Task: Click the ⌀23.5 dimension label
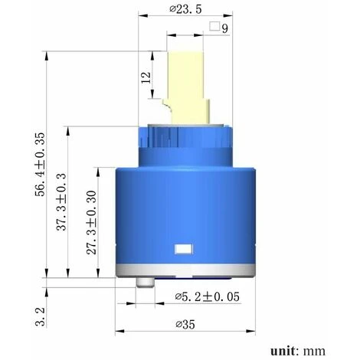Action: pos(185,9)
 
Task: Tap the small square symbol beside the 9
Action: pos(214,27)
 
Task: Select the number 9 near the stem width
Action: pos(224,28)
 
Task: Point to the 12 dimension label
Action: pos(146,77)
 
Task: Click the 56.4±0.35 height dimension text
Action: pos(40,165)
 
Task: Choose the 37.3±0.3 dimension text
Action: pos(61,201)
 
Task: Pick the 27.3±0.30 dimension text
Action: pos(91,223)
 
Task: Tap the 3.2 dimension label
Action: pos(41,317)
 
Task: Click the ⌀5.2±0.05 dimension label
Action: pos(208,296)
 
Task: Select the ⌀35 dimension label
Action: pos(185,325)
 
